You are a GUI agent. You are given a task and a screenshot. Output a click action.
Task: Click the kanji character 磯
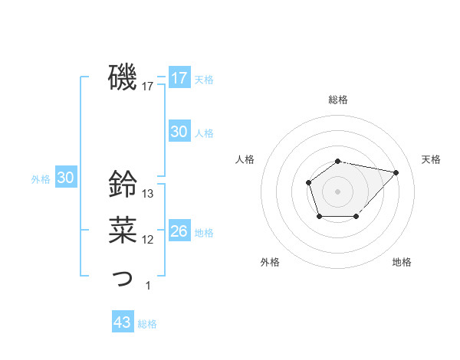click(122, 77)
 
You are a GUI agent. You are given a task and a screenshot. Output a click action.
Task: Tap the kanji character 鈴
click(122, 183)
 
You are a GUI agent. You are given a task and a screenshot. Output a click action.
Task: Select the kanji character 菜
click(122, 229)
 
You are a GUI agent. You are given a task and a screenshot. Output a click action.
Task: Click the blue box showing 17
click(179, 78)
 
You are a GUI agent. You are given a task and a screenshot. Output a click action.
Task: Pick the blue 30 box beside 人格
click(179, 132)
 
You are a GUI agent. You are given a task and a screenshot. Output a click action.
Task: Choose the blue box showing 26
click(179, 231)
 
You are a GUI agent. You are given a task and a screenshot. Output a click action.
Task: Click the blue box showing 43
click(123, 322)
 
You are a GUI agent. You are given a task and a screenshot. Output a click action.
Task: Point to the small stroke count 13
click(149, 193)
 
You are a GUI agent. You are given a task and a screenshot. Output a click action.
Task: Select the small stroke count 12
click(149, 240)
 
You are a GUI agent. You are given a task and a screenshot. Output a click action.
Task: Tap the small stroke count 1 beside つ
click(148, 286)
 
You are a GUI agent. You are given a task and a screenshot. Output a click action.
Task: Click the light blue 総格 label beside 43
click(147, 324)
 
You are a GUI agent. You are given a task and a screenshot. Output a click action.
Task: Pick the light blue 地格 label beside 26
click(205, 233)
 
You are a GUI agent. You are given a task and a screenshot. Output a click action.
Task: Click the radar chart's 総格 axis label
click(338, 100)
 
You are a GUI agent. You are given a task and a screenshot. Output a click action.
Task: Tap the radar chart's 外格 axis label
click(270, 262)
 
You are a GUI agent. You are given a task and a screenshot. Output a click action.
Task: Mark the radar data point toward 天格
click(396, 172)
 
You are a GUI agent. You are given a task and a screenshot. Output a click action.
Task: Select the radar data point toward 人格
click(308, 182)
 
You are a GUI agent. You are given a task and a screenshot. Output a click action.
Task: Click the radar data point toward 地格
click(356, 218)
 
